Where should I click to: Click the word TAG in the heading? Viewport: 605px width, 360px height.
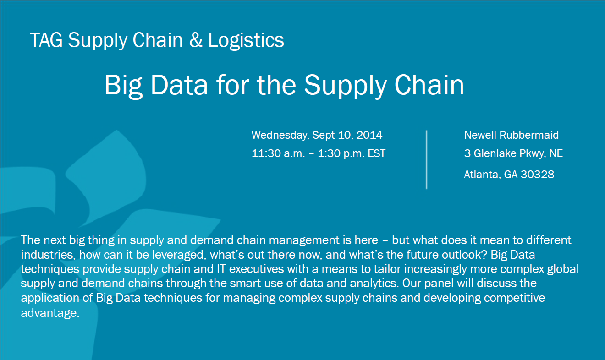[x=46, y=40]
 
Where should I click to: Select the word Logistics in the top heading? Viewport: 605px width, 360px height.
[x=246, y=41]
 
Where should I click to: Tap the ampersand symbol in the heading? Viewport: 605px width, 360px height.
[x=196, y=40]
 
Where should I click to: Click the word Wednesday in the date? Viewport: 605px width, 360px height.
[x=280, y=135]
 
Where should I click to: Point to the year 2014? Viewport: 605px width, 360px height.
[x=369, y=135]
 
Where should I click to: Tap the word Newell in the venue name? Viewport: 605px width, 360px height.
[x=480, y=135]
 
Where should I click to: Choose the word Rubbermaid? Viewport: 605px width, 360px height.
[x=529, y=135]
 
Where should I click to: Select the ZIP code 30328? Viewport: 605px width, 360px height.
[x=537, y=175]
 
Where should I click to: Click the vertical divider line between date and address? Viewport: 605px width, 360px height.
[x=426, y=159]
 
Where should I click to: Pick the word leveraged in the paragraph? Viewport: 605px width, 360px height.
[x=179, y=255]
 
